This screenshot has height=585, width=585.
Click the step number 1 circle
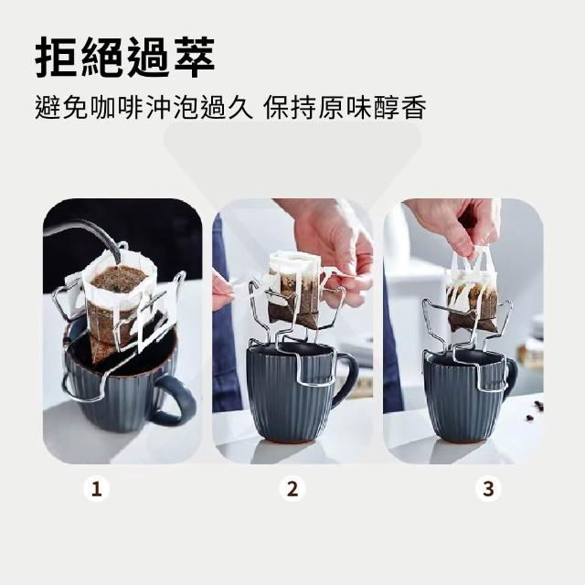pyautogui.click(x=97, y=489)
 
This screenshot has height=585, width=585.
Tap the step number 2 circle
pyautogui.click(x=292, y=489)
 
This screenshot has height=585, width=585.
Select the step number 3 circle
pyautogui.click(x=488, y=489)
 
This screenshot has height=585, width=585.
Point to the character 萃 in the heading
pyautogui.click(x=195, y=57)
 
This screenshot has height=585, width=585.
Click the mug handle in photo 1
pyautogui.click(x=175, y=401)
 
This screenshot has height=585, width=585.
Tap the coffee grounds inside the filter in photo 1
pyautogui.click(x=119, y=279)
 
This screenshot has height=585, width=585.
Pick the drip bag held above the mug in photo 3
pyautogui.click(x=472, y=291)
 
